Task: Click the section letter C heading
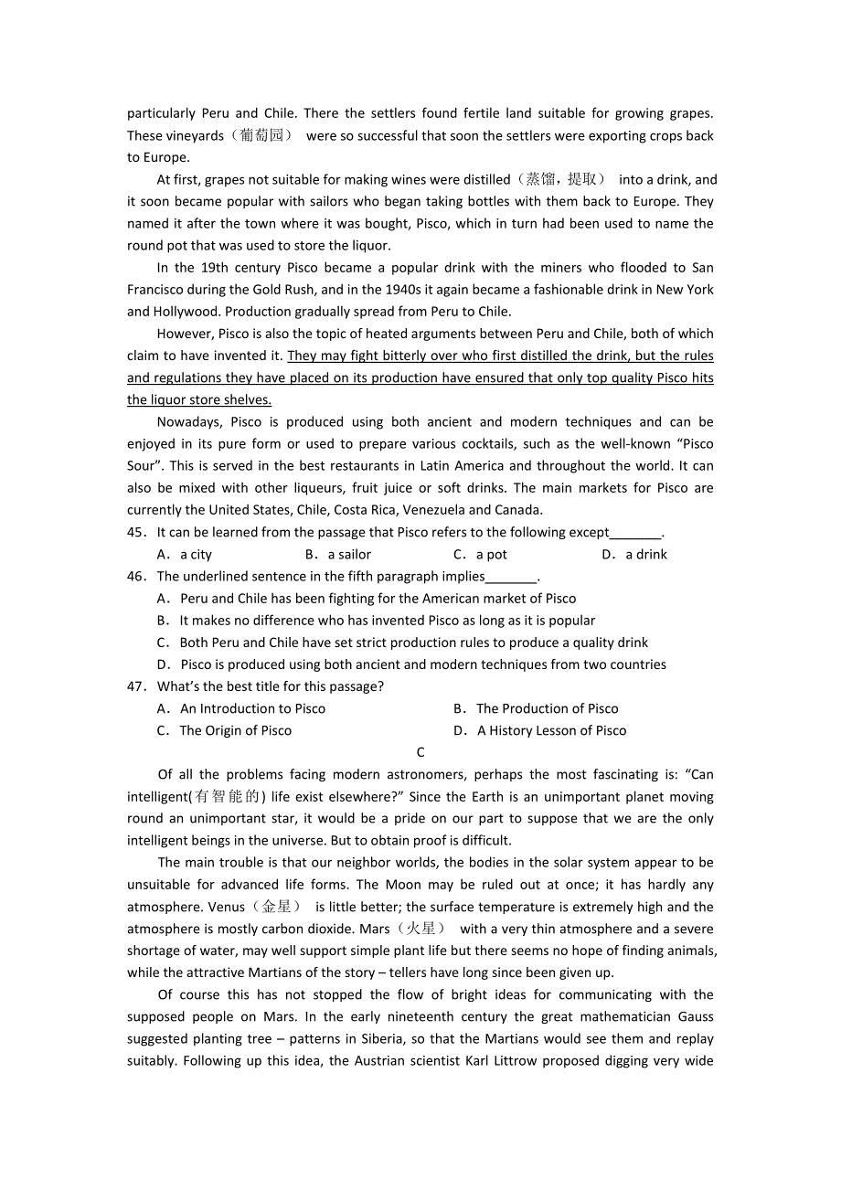tap(420, 752)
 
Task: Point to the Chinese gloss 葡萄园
tap(265, 135)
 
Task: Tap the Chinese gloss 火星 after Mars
tap(421, 929)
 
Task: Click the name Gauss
tap(696, 1016)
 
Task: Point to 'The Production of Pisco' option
tap(547, 708)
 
